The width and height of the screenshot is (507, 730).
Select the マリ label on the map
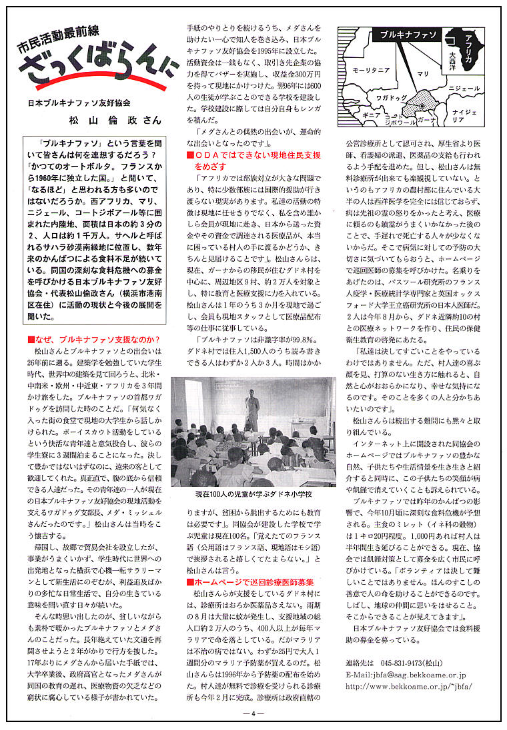point(423,74)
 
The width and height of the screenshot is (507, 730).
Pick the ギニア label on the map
point(371,115)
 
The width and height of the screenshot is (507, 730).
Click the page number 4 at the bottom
point(253,711)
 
